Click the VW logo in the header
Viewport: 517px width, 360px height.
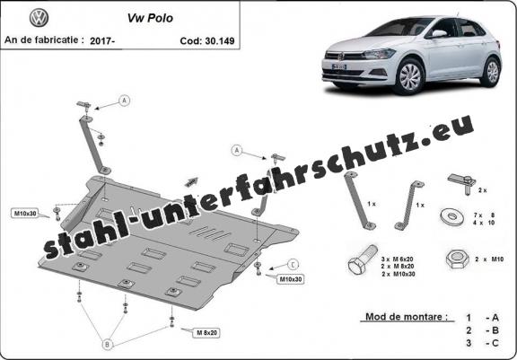[39, 18]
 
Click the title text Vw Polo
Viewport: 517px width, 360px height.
[150, 18]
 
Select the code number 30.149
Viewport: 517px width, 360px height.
[220, 41]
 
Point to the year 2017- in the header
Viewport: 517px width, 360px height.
[102, 41]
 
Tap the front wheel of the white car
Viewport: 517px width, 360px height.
[410, 77]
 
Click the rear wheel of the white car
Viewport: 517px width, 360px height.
[492, 72]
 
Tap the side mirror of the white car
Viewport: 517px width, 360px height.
[437, 33]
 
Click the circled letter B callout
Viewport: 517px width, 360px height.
[107, 345]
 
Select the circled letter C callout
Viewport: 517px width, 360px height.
[293, 265]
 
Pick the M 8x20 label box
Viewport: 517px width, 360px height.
[206, 333]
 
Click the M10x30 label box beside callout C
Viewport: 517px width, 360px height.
[290, 279]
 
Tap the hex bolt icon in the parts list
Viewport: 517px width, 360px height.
[362, 259]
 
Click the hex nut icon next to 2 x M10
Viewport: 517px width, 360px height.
[458, 259]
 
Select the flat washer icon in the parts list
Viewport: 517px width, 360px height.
[451, 216]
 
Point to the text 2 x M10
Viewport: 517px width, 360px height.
[489, 259]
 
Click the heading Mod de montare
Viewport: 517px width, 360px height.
[407, 317]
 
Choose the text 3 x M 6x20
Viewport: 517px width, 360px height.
[399, 259]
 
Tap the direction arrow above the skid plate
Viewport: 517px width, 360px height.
[191, 182]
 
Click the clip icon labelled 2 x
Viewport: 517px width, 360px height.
[462, 184]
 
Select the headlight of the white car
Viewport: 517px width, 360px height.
[379, 54]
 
